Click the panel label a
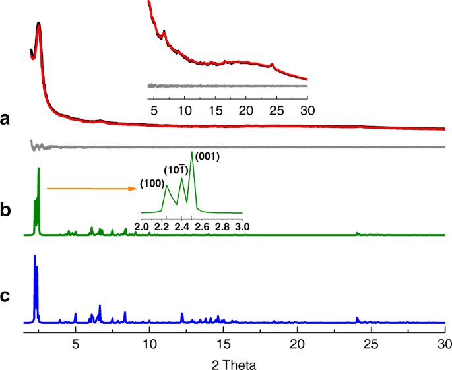(6, 119)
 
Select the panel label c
(6, 296)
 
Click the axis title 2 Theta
(227, 363)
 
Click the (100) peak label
(151, 181)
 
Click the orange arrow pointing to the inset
(92, 189)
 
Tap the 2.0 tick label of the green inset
(141, 227)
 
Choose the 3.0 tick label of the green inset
(242, 227)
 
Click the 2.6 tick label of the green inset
(202, 227)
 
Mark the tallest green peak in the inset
(192, 153)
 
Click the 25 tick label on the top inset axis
(276, 108)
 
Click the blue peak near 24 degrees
(358, 318)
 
